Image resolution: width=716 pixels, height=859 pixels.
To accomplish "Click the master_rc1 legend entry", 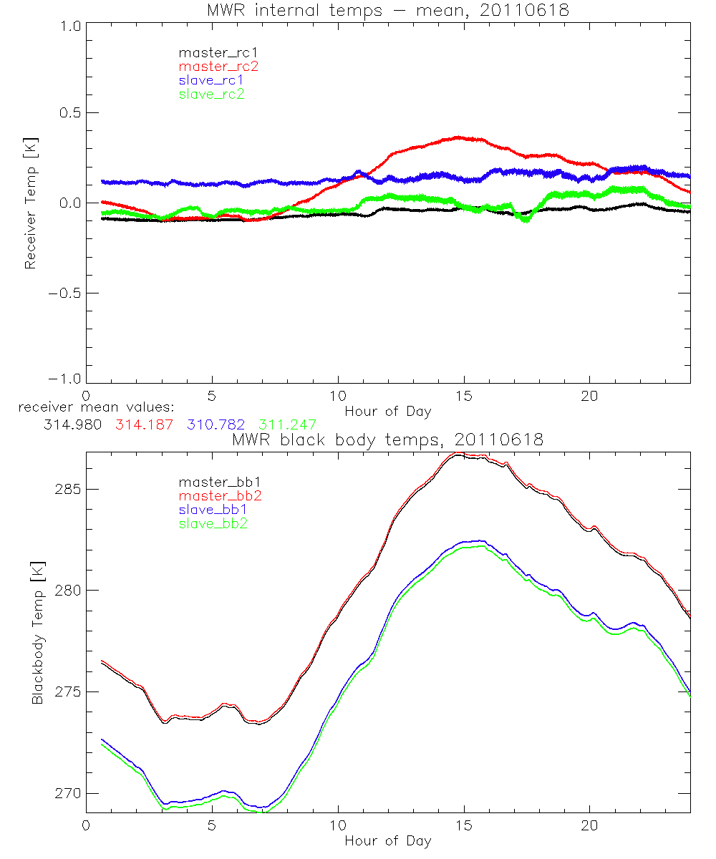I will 212,52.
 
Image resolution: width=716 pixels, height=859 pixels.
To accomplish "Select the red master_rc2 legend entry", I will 218,66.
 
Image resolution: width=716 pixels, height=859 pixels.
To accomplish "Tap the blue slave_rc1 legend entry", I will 211,79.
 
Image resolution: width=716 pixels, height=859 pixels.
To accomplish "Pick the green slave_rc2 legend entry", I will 211,94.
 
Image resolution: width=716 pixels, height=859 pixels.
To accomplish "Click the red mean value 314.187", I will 142,424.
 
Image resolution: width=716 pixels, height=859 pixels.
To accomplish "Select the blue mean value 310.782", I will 213,424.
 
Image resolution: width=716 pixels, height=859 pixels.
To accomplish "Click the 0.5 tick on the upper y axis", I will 68,112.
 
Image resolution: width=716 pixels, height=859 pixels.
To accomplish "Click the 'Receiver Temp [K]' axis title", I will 30,203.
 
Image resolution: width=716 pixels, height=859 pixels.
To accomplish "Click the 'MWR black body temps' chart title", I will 387,440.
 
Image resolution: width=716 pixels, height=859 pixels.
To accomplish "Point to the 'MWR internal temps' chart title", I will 387,10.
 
